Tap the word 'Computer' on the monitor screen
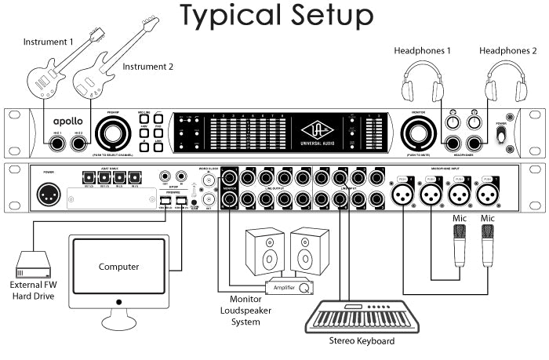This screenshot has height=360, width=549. (118, 267)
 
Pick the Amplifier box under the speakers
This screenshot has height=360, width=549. (289, 286)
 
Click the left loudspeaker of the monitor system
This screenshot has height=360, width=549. (261, 250)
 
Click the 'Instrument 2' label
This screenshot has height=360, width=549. (147, 67)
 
